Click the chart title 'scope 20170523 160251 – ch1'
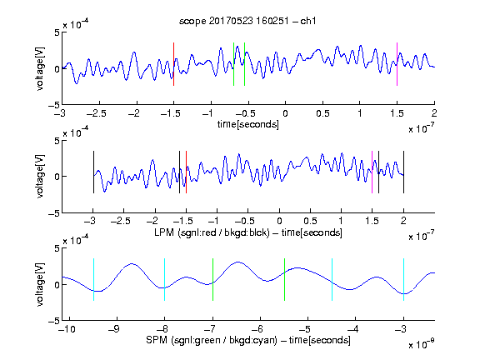(247, 21)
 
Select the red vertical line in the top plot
(173, 64)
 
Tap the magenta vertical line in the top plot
(397, 64)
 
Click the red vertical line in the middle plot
(186, 172)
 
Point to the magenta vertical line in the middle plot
(372, 172)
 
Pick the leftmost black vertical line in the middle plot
(93, 172)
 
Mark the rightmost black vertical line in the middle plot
(403, 172)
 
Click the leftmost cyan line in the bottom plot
(93, 279)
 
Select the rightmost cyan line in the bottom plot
(403, 279)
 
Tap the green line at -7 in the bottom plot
(212, 279)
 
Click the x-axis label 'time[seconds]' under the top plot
(248, 124)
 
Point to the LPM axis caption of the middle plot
(248, 232)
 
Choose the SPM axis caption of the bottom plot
(248, 340)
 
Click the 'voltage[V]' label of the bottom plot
(40, 284)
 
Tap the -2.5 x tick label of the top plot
(97, 113)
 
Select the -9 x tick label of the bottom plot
(114, 329)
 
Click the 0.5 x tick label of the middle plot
(310, 221)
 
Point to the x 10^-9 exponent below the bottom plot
(422, 345)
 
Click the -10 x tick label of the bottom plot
(67, 329)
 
